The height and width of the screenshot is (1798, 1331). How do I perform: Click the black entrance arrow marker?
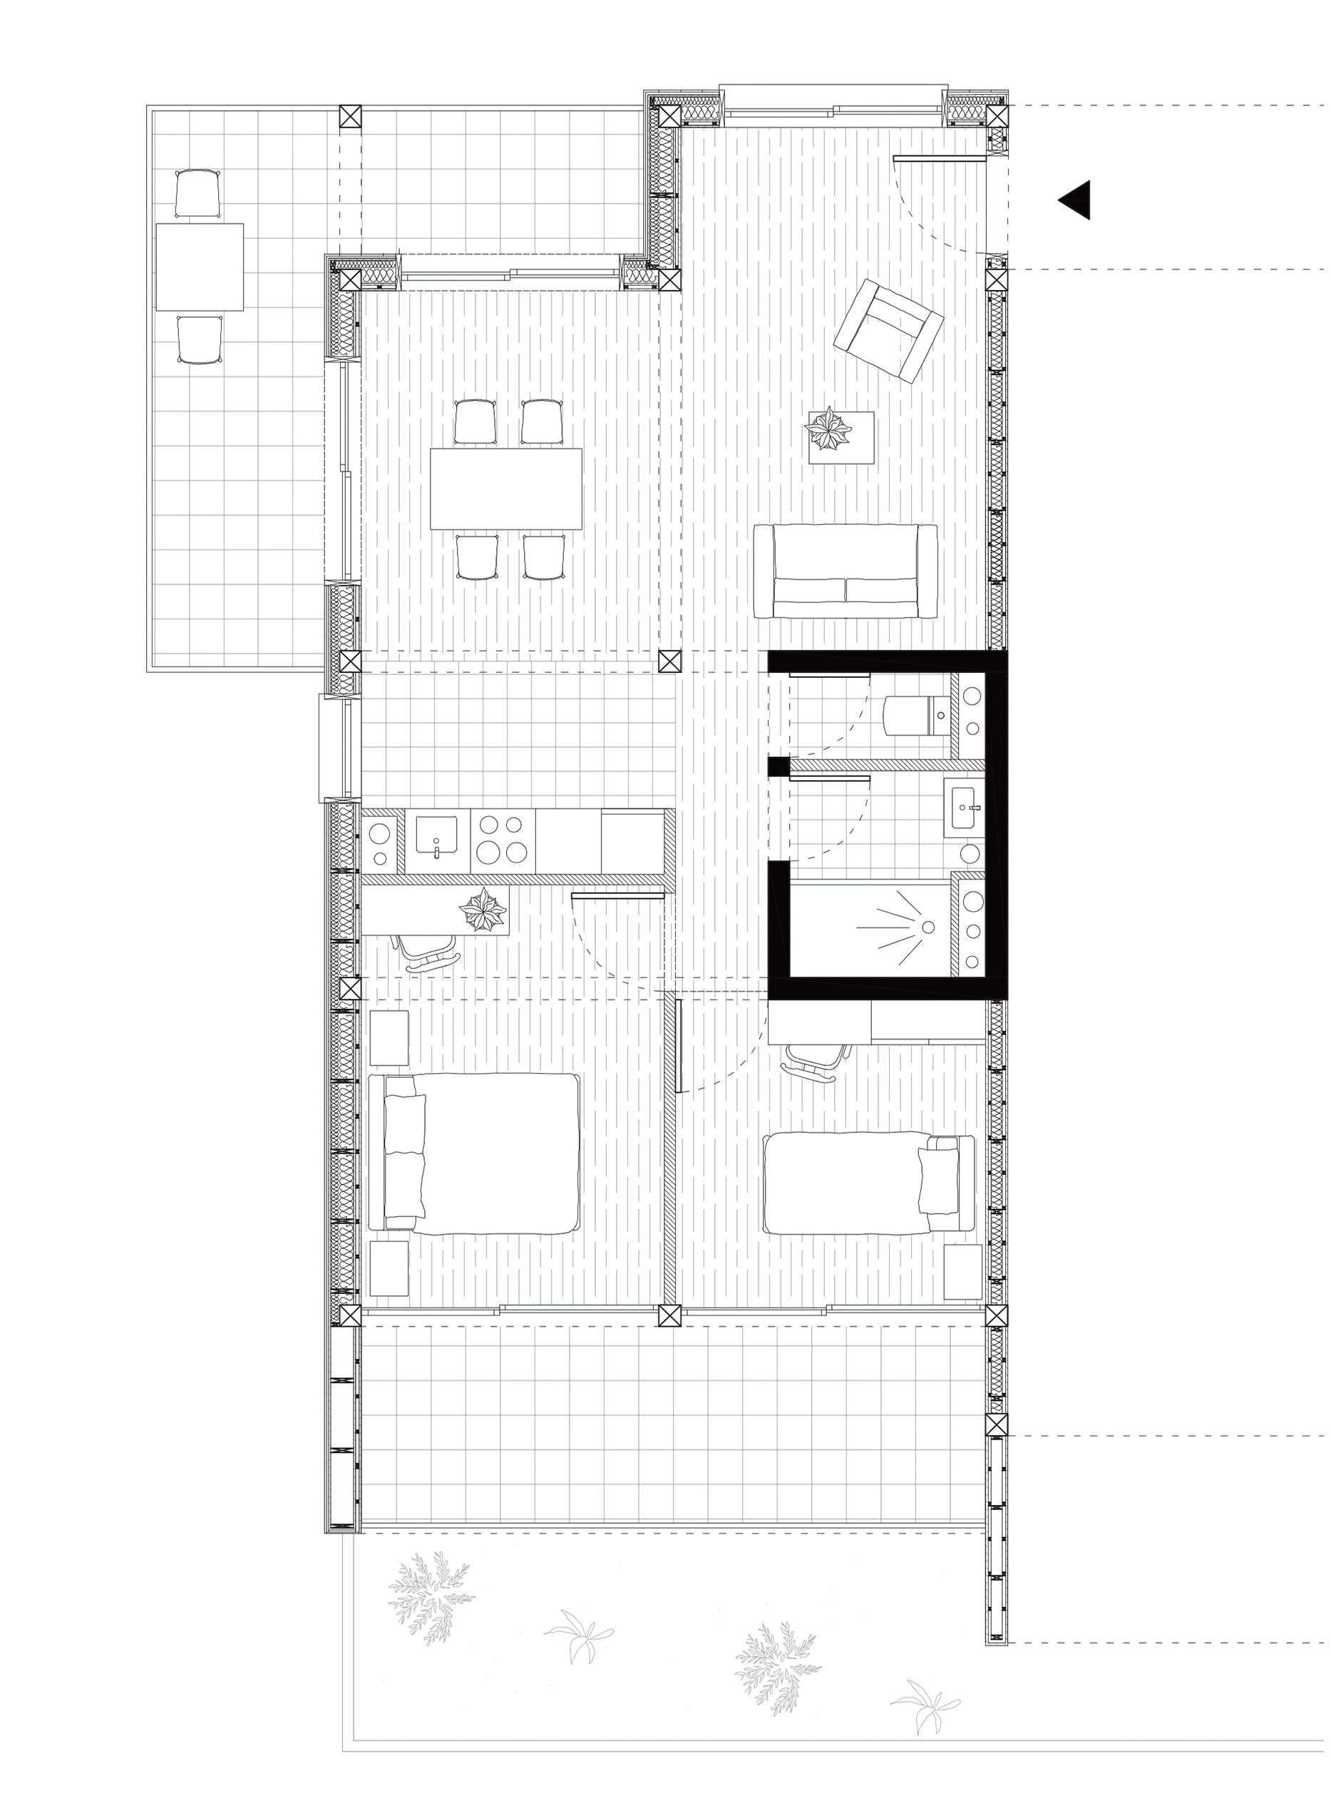click(x=1076, y=200)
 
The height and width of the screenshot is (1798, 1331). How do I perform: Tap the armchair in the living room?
click(x=888, y=329)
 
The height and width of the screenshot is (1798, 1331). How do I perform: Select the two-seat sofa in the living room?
click(x=846, y=571)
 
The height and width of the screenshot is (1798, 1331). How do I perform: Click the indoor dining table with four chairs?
click(x=506, y=488)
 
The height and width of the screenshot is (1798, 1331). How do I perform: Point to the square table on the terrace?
click(x=200, y=267)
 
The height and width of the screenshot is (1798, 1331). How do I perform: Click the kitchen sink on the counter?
click(x=436, y=833)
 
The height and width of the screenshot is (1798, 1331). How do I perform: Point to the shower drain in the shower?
click(x=928, y=928)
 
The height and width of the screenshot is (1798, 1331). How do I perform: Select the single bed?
click(x=868, y=1183)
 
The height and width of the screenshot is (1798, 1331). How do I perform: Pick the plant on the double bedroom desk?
click(x=483, y=911)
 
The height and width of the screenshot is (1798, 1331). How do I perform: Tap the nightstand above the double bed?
click(x=389, y=1037)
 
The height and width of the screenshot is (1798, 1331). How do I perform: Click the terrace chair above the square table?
click(x=197, y=193)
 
